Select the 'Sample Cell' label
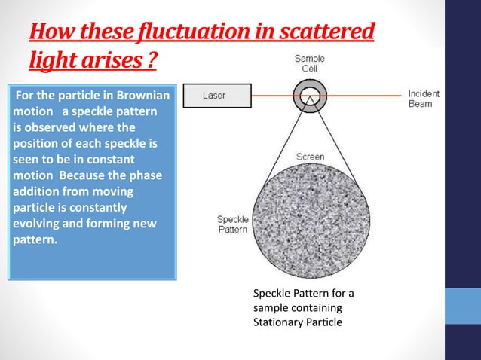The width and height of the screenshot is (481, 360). click(310, 63)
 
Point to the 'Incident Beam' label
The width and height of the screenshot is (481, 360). click(424, 99)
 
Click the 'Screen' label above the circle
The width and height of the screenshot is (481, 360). click(310, 157)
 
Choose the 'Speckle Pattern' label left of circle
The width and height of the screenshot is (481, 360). click(233, 224)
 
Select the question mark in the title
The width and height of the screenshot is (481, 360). click(152, 59)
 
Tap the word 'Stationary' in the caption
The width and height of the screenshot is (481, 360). click(279, 322)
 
